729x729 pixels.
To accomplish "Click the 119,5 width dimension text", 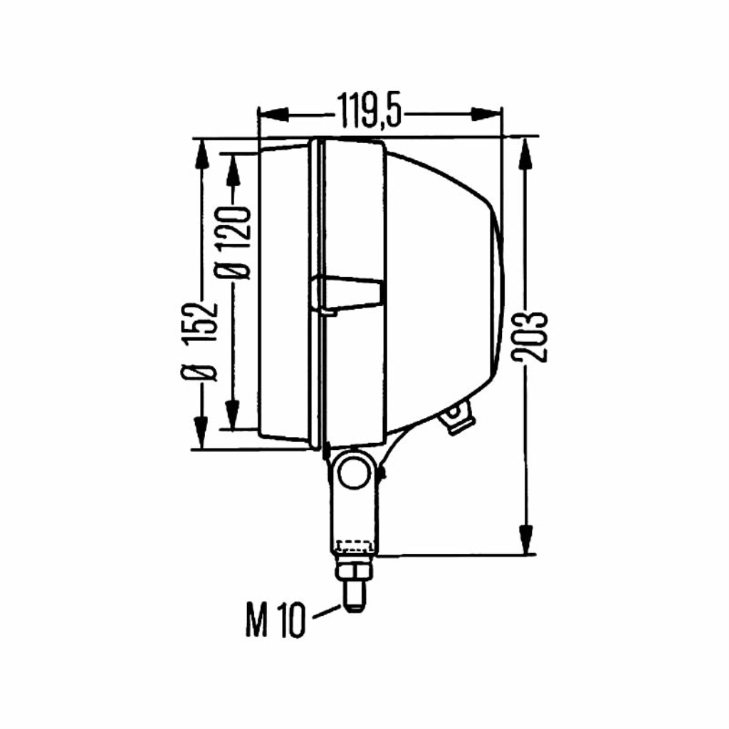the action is [369, 110].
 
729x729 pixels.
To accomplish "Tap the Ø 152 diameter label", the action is [200, 342].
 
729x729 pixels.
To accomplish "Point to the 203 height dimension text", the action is [530, 337].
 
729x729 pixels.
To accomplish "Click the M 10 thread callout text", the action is [276, 621].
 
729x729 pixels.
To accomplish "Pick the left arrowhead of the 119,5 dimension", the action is [273, 115].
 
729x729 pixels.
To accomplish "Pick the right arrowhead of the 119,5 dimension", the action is [486, 115].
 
